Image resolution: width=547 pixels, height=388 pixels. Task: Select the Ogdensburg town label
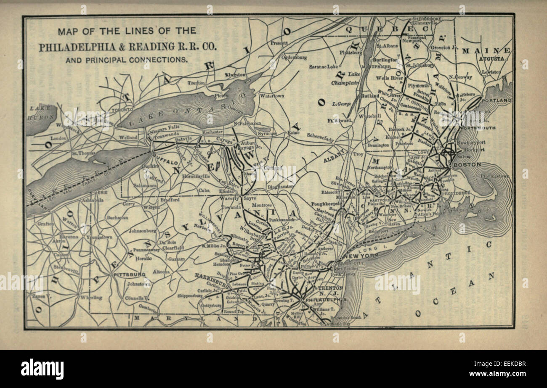[294, 57]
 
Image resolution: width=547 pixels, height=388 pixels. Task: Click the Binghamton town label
[281, 186]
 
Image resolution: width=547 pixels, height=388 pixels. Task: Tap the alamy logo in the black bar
[42, 369]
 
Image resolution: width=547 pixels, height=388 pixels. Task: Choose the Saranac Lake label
[324, 66]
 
